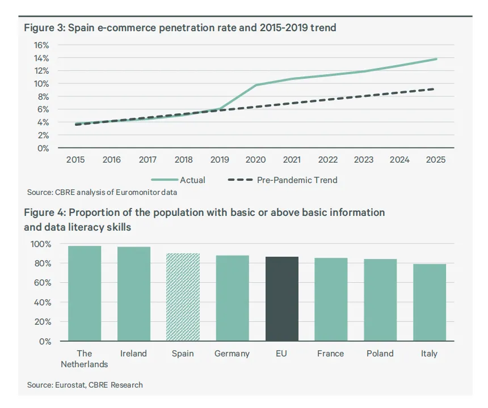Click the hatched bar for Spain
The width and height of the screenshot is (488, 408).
(x=183, y=297)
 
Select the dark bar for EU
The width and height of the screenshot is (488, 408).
(x=281, y=299)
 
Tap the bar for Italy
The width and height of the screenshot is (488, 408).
(x=430, y=303)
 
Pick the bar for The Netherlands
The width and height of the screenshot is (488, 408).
(x=85, y=294)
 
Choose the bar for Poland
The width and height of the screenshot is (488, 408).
(x=380, y=300)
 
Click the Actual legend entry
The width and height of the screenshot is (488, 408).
(x=178, y=180)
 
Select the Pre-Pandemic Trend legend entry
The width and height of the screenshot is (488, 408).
(x=283, y=180)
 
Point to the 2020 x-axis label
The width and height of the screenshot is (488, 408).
(x=255, y=160)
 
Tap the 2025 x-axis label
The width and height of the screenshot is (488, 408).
(x=436, y=160)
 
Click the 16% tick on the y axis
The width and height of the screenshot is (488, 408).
(x=41, y=45)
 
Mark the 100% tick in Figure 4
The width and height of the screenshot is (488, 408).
(x=41, y=244)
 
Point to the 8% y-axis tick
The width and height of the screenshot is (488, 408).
(x=43, y=97)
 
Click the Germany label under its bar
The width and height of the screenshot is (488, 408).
(x=232, y=354)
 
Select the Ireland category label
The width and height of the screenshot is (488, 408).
(x=133, y=354)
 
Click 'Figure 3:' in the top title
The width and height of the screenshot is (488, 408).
(x=44, y=28)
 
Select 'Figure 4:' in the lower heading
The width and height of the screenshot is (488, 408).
(x=45, y=212)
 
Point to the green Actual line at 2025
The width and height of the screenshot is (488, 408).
(x=436, y=59)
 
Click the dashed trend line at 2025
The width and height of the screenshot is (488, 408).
(x=434, y=89)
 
